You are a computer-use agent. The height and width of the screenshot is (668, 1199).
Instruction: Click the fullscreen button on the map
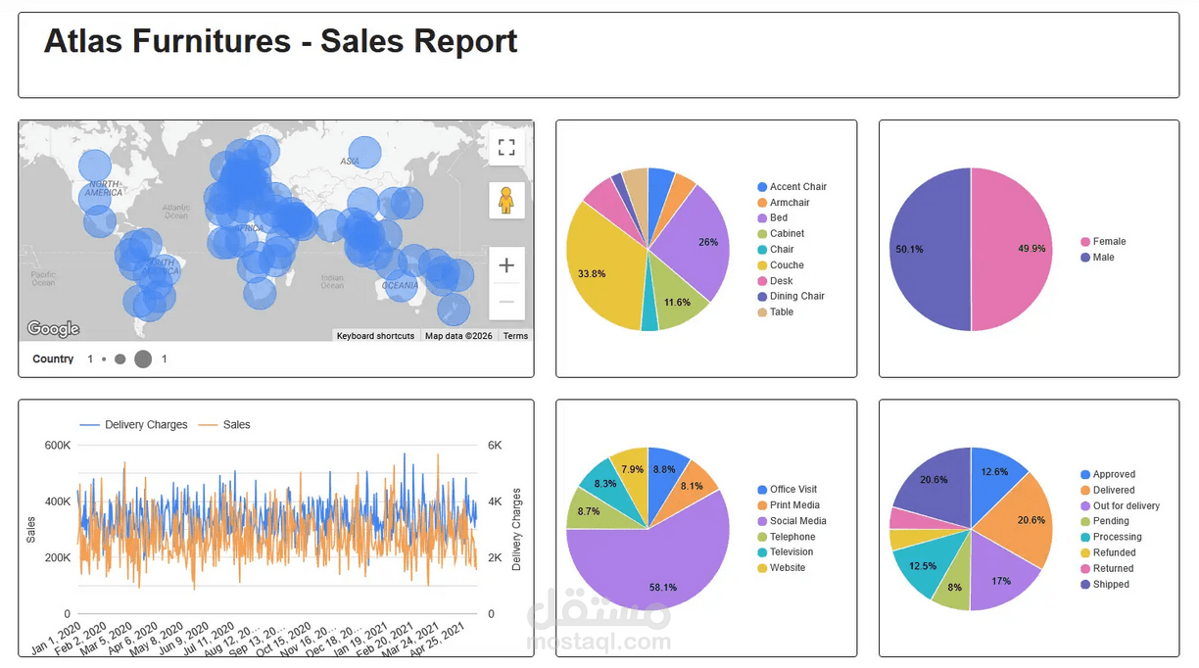coord(506,148)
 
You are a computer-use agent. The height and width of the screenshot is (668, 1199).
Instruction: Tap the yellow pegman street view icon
coord(506,200)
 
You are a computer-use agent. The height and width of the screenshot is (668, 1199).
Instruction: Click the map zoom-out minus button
coord(506,302)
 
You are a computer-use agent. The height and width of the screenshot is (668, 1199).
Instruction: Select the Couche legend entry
coord(786,265)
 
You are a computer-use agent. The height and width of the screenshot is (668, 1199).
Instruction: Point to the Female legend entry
coord(1109,242)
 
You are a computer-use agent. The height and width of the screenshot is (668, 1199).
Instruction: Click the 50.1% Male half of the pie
coord(926,250)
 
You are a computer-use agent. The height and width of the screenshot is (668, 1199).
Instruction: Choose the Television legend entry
coord(791,552)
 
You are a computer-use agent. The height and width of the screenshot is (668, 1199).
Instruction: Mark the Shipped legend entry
coord(1111,585)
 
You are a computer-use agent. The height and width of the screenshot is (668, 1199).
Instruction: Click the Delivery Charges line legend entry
coord(145,425)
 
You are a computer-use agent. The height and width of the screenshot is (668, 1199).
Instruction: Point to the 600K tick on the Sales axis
coord(58,446)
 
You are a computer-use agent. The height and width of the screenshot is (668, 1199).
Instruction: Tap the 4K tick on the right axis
coord(495,501)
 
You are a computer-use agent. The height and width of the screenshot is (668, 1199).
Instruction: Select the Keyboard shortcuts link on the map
coord(375,336)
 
